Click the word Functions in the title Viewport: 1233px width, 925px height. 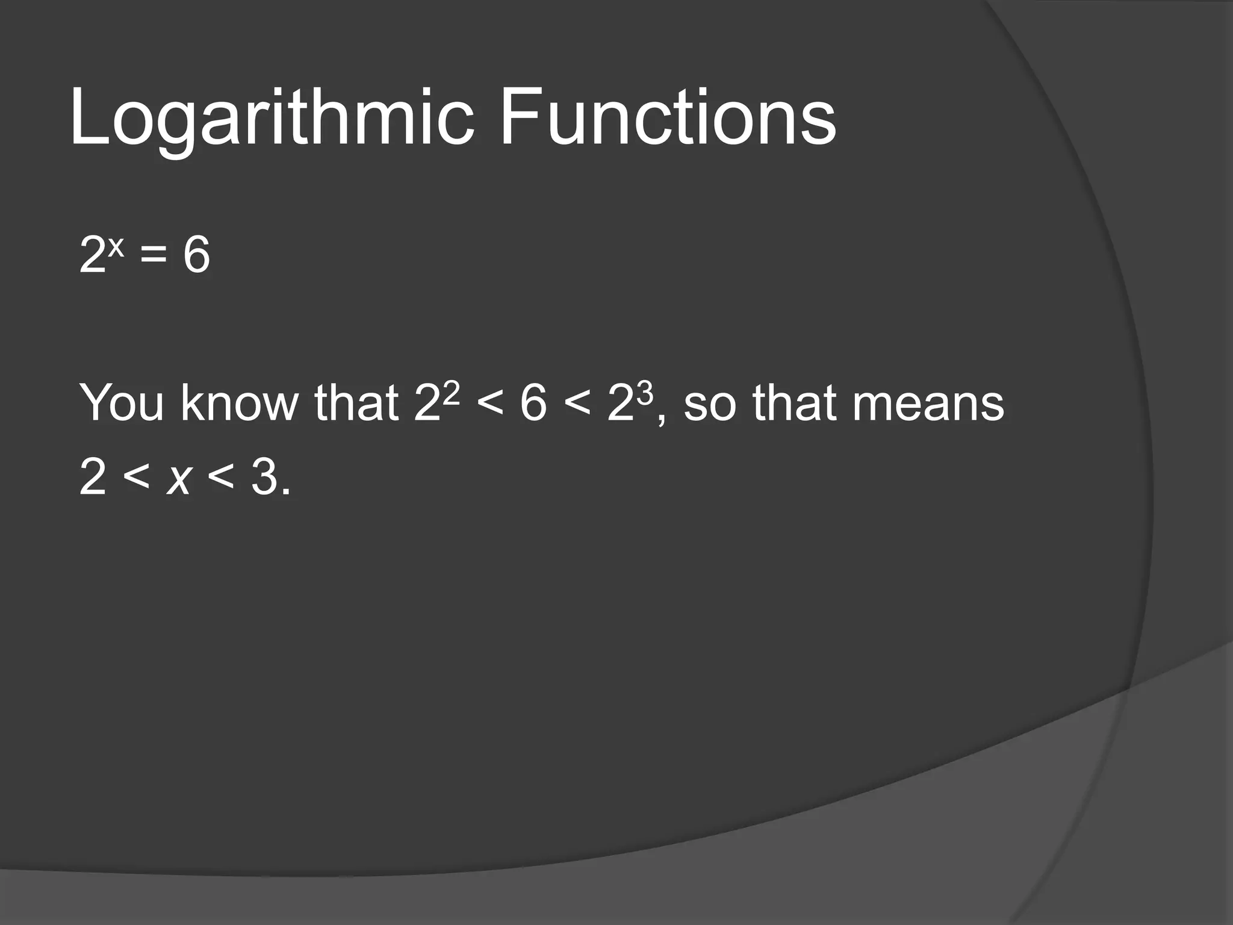tap(667, 117)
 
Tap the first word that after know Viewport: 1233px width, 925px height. tap(356, 402)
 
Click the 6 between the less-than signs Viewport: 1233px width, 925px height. tap(533, 402)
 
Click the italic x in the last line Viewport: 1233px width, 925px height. tap(179, 478)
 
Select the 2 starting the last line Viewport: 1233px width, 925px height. tap(93, 478)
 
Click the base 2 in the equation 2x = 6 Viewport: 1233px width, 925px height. tap(93, 255)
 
